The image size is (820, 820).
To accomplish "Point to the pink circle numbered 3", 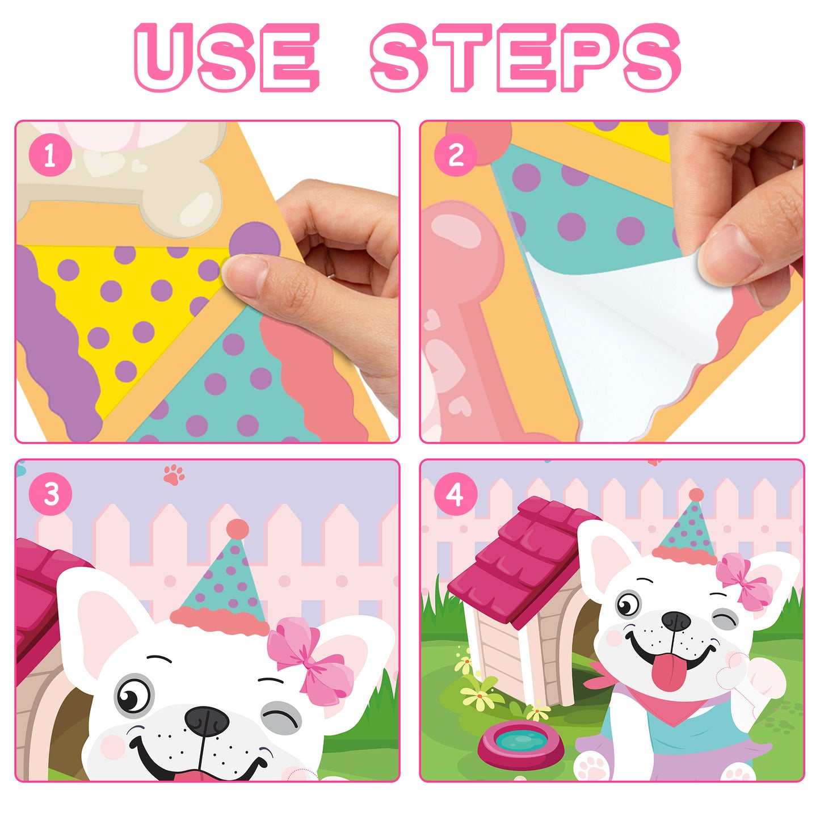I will click(x=51, y=494).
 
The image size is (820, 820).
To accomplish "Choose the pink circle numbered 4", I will click(x=455, y=494).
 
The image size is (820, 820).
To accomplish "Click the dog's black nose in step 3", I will click(x=207, y=721).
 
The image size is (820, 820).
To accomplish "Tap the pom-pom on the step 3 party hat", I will click(x=237, y=529).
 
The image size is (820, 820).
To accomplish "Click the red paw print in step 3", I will click(x=174, y=474).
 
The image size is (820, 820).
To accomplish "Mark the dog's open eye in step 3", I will click(x=134, y=695).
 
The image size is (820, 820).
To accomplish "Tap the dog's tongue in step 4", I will click(x=668, y=672).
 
